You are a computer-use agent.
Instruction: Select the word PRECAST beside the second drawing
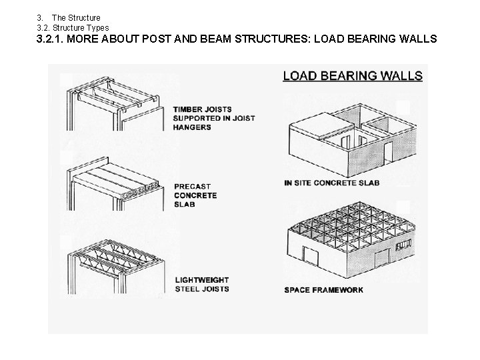click(x=193, y=187)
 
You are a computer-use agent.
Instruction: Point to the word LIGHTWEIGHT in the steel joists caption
click(x=201, y=280)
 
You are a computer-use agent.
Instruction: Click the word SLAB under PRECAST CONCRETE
click(x=185, y=204)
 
